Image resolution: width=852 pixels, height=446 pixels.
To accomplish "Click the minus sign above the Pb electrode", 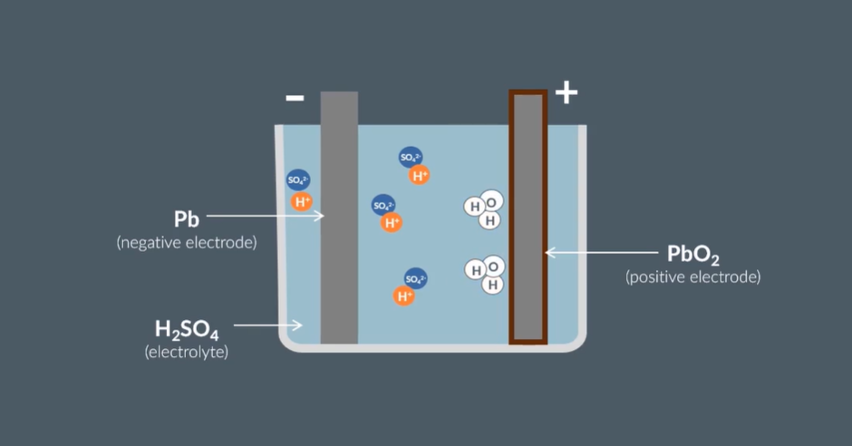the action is click(295, 98).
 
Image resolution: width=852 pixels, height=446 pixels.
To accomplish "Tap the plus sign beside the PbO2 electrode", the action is click(566, 92).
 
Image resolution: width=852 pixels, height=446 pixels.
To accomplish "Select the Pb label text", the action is click(187, 219).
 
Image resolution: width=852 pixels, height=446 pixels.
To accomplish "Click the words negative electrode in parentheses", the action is click(187, 242).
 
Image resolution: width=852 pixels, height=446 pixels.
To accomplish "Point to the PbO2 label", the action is click(692, 254).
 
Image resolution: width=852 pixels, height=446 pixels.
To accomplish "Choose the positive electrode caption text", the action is click(692, 277).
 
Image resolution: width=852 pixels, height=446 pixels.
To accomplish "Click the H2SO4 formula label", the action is click(187, 330).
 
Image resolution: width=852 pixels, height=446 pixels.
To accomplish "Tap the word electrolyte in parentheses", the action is click(187, 352).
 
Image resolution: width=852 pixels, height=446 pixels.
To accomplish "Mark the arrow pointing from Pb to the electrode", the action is click(266, 216).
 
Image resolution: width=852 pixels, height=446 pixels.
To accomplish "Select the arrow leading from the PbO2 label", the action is click(601, 253).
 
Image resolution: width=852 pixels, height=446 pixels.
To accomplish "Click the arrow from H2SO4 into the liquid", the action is click(268, 325).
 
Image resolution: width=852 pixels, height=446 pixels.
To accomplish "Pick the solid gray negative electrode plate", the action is click(339, 218).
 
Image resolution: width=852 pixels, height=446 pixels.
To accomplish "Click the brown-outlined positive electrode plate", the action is click(528, 218).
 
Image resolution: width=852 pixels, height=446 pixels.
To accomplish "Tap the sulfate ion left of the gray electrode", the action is click(298, 180).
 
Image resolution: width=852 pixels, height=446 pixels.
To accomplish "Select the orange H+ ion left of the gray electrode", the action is click(302, 202).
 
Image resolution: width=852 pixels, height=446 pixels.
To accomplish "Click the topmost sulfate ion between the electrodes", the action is click(411, 158).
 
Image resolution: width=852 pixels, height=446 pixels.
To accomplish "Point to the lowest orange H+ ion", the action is click(403, 296).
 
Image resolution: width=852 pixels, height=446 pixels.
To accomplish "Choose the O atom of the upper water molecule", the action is click(492, 203).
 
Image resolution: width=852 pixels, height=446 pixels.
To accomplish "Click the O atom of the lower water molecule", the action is click(493, 267).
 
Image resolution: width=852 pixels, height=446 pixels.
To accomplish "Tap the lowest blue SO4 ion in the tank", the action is click(416, 278).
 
